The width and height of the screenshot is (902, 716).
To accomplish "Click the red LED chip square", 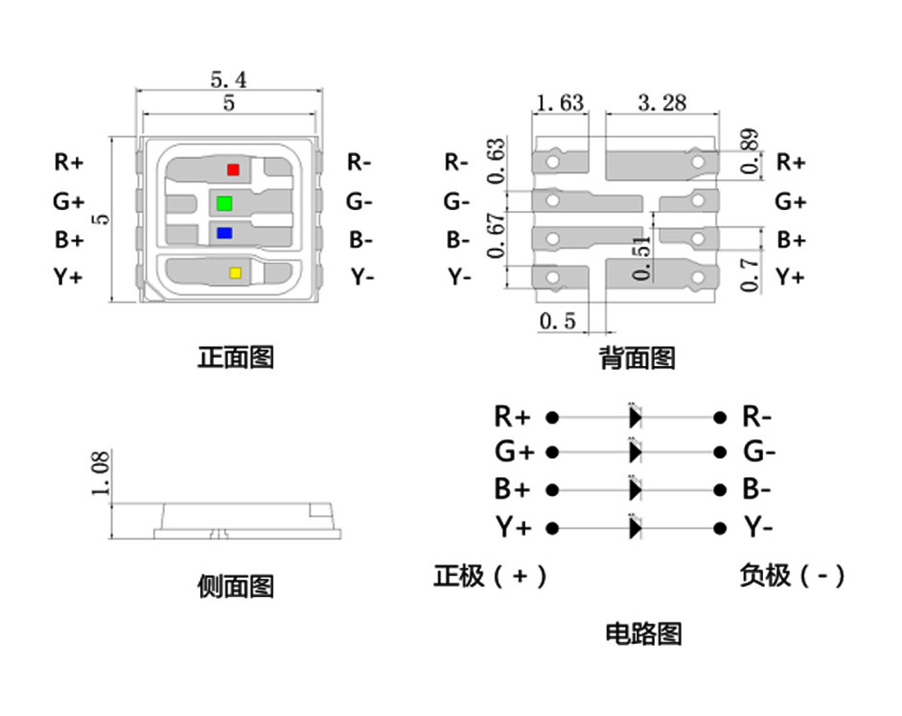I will pyautogui.click(x=233, y=169).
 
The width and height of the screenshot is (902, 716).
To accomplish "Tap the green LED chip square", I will pyautogui.click(x=225, y=201).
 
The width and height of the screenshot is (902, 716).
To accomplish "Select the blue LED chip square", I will pyautogui.click(x=224, y=233).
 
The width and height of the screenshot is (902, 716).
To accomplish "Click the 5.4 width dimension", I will pyautogui.click(x=228, y=79).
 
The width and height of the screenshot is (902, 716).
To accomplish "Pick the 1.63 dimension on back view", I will pyautogui.click(x=559, y=102).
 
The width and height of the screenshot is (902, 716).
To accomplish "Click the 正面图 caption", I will pyautogui.click(x=235, y=357).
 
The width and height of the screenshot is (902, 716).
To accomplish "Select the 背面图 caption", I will pyautogui.click(x=637, y=359).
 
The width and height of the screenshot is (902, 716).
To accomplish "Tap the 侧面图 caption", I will pyautogui.click(x=235, y=587).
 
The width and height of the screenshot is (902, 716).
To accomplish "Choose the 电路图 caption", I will pyautogui.click(x=643, y=633).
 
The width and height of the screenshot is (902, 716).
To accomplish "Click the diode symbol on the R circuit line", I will pyautogui.click(x=635, y=417).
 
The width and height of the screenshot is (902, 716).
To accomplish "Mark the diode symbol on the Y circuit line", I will pyautogui.click(x=635, y=527).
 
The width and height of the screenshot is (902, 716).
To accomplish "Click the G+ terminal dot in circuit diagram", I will pyautogui.click(x=553, y=452).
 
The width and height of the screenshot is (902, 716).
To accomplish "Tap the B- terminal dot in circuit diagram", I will pyautogui.click(x=719, y=490).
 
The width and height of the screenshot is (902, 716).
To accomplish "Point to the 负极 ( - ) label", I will pyautogui.click(x=792, y=575).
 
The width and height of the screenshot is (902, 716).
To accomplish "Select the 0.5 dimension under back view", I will pyautogui.click(x=557, y=321).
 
